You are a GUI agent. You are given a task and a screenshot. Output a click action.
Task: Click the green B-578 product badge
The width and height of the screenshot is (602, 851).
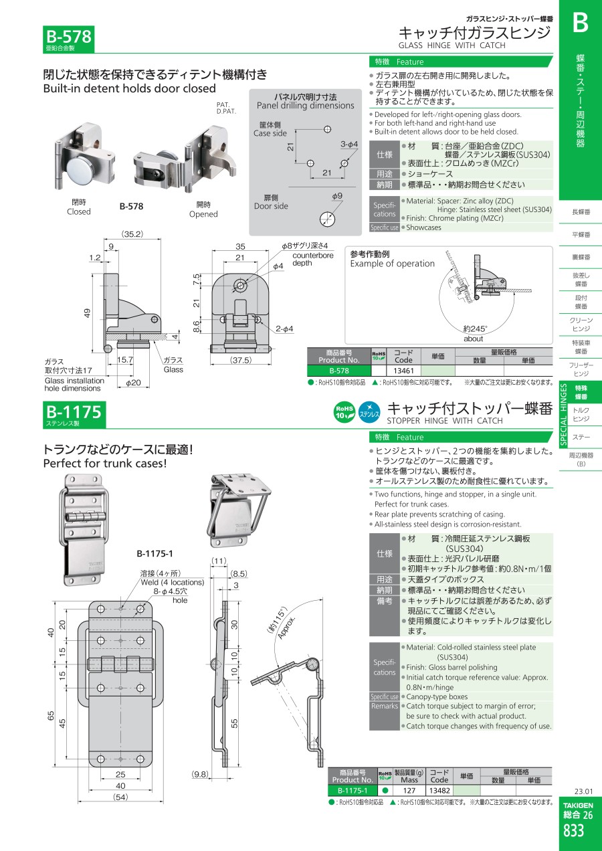pyautogui.click(x=68, y=39)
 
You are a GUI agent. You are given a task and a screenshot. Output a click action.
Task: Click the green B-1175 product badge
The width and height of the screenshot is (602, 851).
pyautogui.click(x=74, y=415)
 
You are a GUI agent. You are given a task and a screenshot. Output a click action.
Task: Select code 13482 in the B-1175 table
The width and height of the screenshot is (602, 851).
pyautogui.click(x=439, y=791)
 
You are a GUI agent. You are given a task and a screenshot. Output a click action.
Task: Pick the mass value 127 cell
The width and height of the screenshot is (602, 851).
pyautogui.click(x=409, y=791)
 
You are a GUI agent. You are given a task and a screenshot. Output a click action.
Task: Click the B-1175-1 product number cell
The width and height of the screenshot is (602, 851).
pyautogui.click(x=353, y=791)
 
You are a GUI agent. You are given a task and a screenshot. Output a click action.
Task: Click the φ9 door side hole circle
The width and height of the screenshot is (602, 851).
pyautogui.click(x=328, y=219)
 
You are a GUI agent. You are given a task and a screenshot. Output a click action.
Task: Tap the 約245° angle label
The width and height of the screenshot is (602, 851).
pyautogui.click(x=475, y=328)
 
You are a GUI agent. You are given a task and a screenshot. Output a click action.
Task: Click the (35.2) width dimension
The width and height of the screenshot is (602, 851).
pyautogui.click(x=132, y=234)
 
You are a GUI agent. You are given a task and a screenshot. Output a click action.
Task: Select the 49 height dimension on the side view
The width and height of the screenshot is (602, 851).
pyautogui.click(x=88, y=313)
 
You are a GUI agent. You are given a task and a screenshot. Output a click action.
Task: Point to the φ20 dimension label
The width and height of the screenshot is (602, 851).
pyautogui.click(x=133, y=383)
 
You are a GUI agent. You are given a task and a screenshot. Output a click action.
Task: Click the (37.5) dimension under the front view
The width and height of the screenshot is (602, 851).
pyautogui.click(x=241, y=360)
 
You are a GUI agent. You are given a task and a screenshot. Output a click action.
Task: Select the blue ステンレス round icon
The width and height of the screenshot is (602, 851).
pyautogui.click(x=369, y=412)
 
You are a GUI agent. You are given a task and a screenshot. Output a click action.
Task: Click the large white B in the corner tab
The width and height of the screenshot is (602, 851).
pyautogui.click(x=580, y=23)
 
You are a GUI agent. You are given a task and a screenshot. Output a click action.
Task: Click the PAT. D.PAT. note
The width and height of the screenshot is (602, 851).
pyautogui.click(x=226, y=108)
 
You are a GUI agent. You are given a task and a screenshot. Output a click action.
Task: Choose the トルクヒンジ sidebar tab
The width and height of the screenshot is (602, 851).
pyautogui.click(x=581, y=415)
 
